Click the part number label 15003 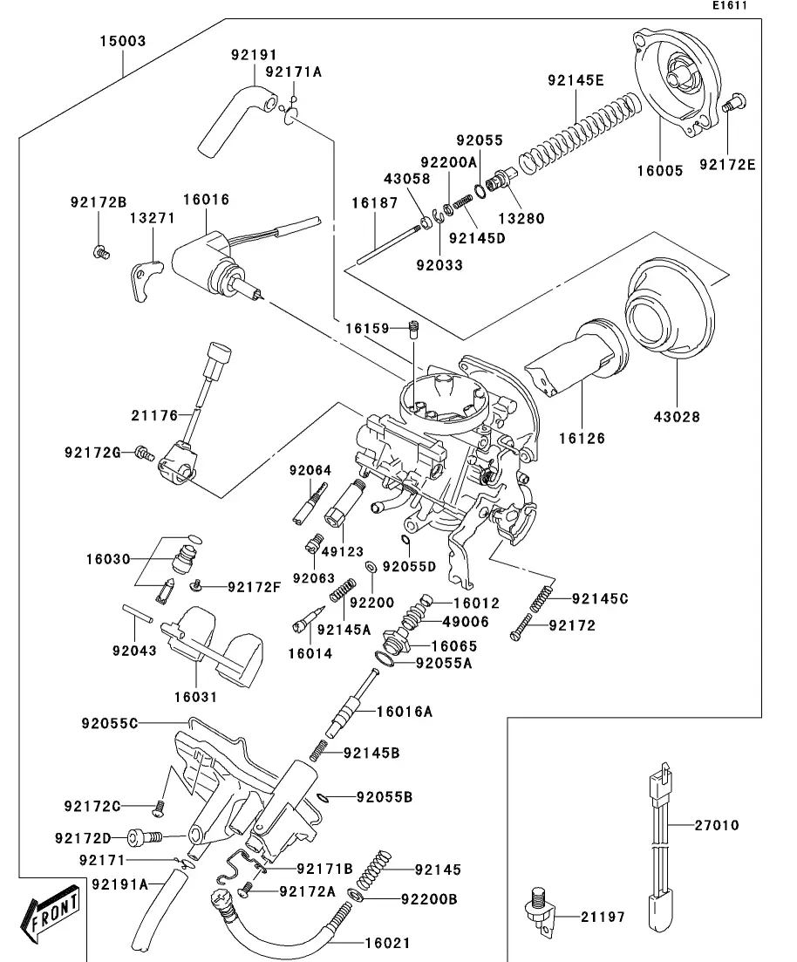pyautogui.click(x=122, y=41)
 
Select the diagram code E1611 pyautogui.click(x=730, y=5)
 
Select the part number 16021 pyautogui.click(x=386, y=943)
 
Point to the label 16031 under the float pyautogui.click(x=195, y=697)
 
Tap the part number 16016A pyautogui.click(x=404, y=712)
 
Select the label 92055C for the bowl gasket pyautogui.click(x=110, y=723)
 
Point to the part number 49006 pyautogui.click(x=467, y=622)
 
